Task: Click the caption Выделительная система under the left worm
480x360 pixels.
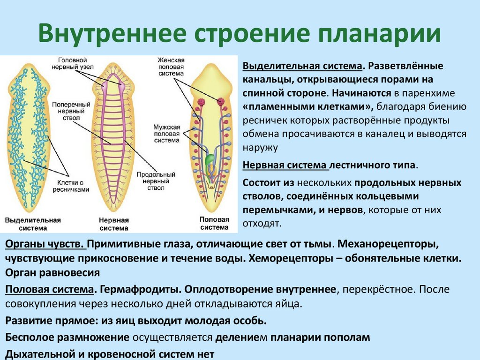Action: point(33,224)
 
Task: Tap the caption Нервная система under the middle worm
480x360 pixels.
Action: point(113,224)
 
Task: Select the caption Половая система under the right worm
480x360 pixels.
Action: point(214,223)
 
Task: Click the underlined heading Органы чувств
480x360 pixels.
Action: point(45,245)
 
